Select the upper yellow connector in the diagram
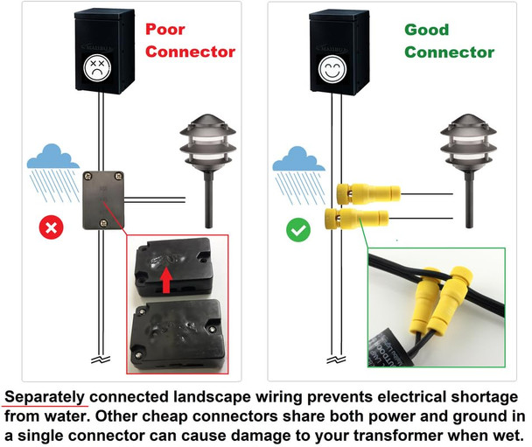pos(362,189)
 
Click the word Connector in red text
pos(190,52)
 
